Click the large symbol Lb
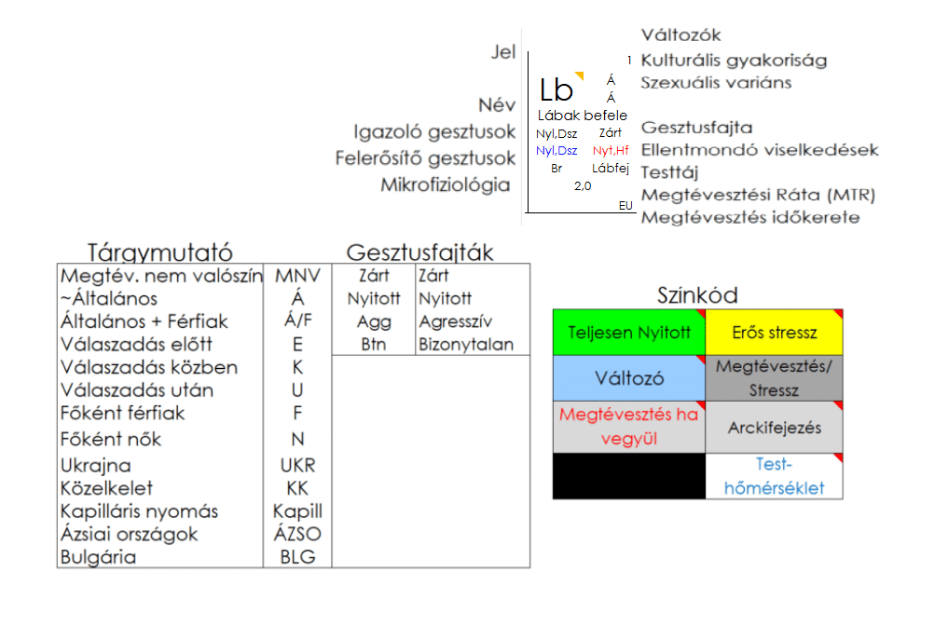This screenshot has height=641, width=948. (556, 90)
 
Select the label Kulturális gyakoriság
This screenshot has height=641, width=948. (734, 61)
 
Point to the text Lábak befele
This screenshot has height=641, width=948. (583, 116)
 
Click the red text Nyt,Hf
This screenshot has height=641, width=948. (611, 150)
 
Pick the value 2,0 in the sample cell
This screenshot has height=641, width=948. (583, 185)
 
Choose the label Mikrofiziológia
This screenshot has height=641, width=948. (446, 184)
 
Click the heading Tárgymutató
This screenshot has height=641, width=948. (159, 252)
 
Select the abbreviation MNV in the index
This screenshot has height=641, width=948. (297, 276)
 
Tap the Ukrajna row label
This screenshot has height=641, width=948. (96, 465)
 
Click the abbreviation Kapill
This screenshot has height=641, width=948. (297, 511)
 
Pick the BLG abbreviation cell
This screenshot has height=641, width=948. (297, 557)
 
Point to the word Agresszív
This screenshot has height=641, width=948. (456, 321)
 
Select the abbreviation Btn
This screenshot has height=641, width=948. (374, 345)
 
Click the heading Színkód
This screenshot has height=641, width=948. (697, 295)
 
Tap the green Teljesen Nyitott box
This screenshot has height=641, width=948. (629, 333)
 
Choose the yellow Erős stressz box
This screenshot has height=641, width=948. (775, 333)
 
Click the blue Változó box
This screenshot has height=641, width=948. (629, 378)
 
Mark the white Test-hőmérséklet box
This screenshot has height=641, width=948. (775, 476)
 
